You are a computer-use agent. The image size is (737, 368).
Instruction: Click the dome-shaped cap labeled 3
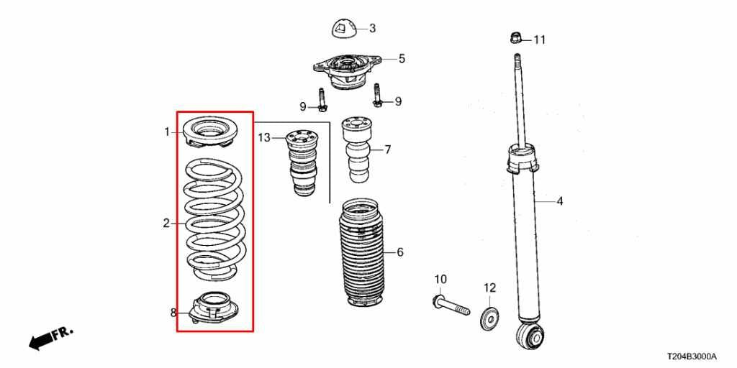click(x=344, y=28)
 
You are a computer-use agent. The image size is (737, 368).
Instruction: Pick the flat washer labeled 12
click(x=489, y=316)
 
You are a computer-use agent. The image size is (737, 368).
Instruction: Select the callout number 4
click(x=559, y=201)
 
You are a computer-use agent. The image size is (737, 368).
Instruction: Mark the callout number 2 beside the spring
click(x=166, y=224)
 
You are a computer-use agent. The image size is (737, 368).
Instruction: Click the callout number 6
click(x=399, y=252)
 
